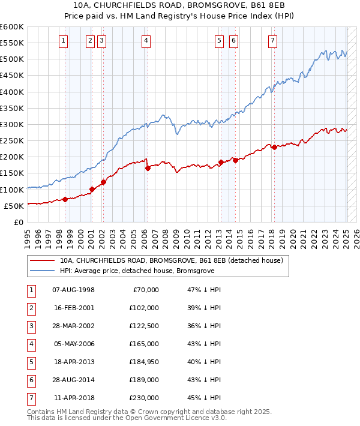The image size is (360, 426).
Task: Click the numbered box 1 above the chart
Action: pyautogui.click(x=64, y=41)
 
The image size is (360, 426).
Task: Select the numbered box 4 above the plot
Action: pyautogui.click(x=146, y=41)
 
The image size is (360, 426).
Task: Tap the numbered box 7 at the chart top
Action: pyautogui.click(x=272, y=41)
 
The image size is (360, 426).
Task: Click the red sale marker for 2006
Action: pyautogui.click(x=148, y=169)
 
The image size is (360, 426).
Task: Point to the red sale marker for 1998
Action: pyautogui.click(x=65, y=199)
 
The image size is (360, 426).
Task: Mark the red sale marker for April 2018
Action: pyautogui.click(x=274, y=147)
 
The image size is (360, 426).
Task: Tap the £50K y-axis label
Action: pyautogui.click(x=14, y=206)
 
